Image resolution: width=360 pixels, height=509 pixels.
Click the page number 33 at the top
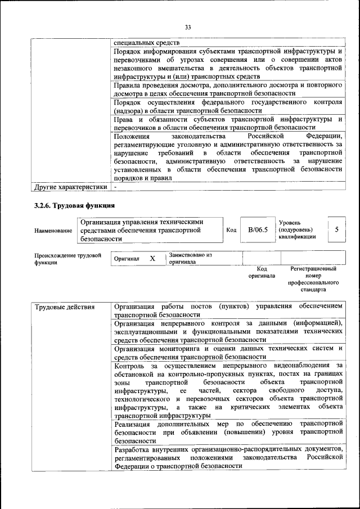tap(188, 26)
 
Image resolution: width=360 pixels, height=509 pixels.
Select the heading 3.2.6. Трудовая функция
tap(75, 205)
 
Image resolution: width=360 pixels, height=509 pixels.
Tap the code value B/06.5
tap(258, 230)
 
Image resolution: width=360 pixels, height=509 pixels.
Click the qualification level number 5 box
tap(336, 229)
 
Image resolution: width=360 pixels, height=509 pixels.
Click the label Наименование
tap(53, 231)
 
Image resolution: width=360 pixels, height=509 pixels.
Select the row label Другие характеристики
tap(70, 187)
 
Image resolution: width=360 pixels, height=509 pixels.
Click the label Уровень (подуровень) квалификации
tap(296, 230)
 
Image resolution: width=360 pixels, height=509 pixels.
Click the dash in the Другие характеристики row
tap(115, 187)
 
